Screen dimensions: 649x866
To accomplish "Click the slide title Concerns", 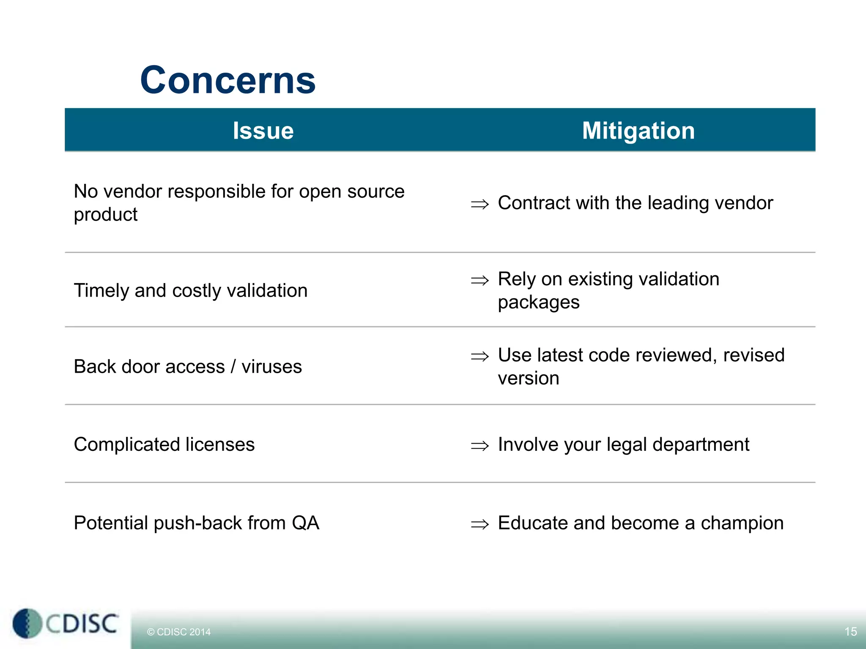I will point(227,80).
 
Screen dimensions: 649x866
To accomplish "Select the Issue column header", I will point(263,131).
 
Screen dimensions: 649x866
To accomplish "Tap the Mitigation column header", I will point(638,131).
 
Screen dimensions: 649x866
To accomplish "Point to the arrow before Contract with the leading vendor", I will point(480,205).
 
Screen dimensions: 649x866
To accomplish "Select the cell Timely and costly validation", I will point(190,291).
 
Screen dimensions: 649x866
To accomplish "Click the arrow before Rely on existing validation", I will point(480,280).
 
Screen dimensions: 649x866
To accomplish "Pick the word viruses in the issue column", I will point(271,367).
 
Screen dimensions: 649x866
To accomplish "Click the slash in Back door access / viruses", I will point(233,367).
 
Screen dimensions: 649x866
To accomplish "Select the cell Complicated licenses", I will point(164,444).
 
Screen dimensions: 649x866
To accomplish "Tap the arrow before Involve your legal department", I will point(480,446).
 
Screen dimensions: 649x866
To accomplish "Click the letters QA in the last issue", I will point(305,523).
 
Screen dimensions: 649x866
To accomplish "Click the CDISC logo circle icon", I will point(27,623).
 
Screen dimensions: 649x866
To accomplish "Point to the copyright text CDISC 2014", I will point(179,632).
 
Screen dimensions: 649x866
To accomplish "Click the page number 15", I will point(850,631).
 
